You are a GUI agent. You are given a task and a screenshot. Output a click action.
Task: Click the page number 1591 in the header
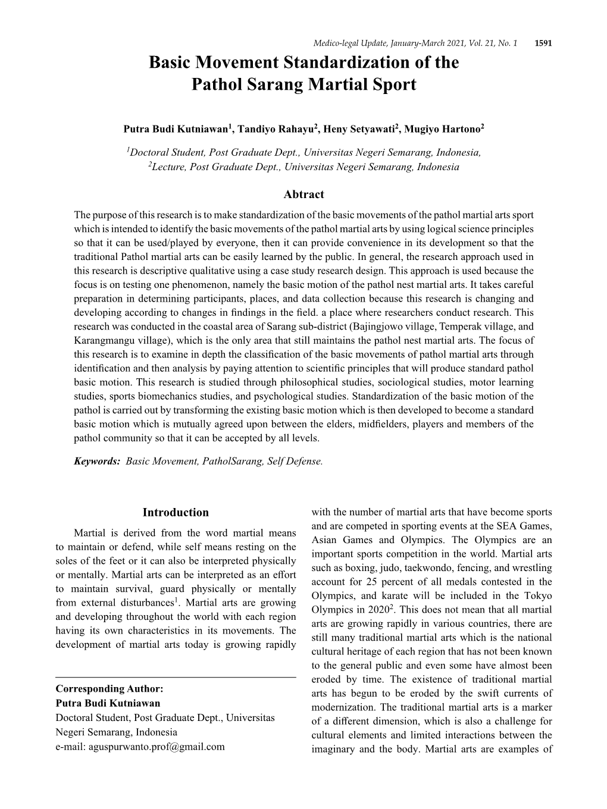(544, 43)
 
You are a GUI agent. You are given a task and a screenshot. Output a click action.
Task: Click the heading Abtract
(303, 194)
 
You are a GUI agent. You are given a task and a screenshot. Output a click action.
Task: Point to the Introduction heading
(176, 513)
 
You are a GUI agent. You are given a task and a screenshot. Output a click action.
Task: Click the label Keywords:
(98, 461)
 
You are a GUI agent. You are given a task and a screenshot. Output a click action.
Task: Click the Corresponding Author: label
(109, 689)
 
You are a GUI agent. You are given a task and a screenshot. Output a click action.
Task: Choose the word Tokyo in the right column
(539, 595)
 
